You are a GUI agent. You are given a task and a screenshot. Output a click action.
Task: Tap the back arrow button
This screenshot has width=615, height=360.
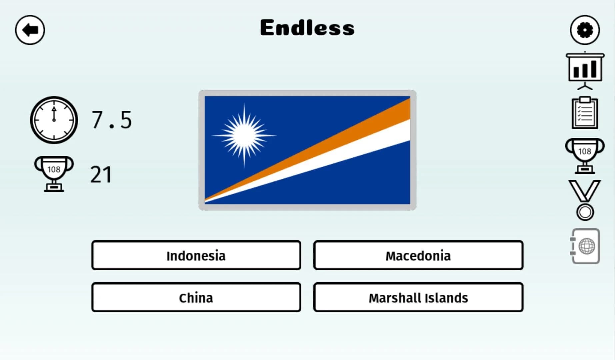30,30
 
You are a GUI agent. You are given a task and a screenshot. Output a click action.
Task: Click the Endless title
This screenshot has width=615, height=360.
307,28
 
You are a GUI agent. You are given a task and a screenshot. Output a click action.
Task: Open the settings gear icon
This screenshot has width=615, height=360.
585,30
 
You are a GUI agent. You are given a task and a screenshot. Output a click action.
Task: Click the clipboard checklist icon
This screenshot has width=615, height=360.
585,113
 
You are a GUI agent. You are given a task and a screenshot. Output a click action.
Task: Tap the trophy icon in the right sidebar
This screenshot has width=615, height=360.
585,155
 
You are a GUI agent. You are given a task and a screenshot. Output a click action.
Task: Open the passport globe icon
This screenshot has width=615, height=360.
586,246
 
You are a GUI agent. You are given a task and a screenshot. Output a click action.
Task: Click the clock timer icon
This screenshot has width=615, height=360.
54,120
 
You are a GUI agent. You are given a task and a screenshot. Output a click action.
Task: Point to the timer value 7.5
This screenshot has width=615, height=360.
112,120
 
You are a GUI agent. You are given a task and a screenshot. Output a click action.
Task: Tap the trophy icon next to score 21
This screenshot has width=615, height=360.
54,174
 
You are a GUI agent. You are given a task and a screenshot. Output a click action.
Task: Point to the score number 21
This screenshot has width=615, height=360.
101,174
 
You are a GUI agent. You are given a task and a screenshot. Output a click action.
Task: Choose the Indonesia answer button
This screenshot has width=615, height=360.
196,256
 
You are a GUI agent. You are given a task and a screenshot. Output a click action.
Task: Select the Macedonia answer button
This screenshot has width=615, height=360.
418,256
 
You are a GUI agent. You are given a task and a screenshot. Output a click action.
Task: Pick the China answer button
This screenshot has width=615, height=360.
196,298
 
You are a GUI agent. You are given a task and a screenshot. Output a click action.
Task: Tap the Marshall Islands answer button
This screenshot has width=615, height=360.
418,298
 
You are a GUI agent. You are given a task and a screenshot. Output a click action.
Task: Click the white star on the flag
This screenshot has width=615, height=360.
244,135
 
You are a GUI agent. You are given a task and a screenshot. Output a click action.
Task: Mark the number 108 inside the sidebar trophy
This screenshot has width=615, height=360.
585,152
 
